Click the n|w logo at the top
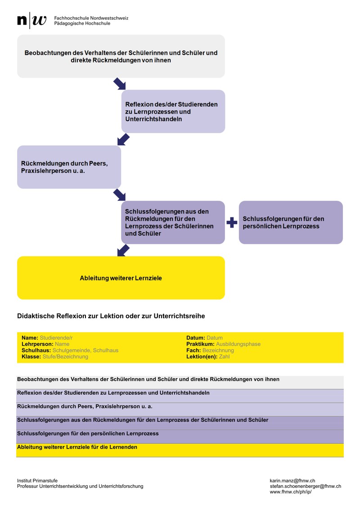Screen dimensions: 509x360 pyautogui.click(x=31, y=20)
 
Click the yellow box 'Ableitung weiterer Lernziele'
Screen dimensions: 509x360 pyautogui.click(x=121, y=278)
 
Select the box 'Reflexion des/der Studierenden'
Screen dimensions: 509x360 pyautogui.click(x=173, y=111)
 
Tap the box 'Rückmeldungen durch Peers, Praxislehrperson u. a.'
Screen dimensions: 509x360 pyautogui.click(x=69, y=167)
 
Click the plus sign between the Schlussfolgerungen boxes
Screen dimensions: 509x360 pyautogui.click(x=232, y=222)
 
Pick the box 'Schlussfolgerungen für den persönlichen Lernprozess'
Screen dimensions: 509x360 pyautogui.click(x=290, y=222)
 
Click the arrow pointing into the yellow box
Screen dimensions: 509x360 pyautogui.click(x=123, y=250)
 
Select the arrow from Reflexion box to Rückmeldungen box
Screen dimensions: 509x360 pyautogui.click(x=123, y=139)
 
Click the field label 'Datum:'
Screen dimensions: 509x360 pyautogui.click(x=195, y=338)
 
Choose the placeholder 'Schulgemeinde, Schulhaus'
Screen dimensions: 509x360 pyautogui.click(x=85, y=351)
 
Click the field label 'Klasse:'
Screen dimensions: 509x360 pyautogui.click(x=31, y=357)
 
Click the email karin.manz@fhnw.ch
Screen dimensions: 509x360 pyautogui.click(x=292, y=481)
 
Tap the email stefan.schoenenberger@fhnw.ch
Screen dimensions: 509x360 pyautogui.click(x=305, y=486)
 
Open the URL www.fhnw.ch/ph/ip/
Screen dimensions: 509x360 pyautogui.click(x=290, y=492)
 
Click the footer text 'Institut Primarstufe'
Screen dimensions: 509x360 pyautogui.click(x=37, y=481)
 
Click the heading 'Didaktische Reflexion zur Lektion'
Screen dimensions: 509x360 pyautogui.click(x=111, y=316)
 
